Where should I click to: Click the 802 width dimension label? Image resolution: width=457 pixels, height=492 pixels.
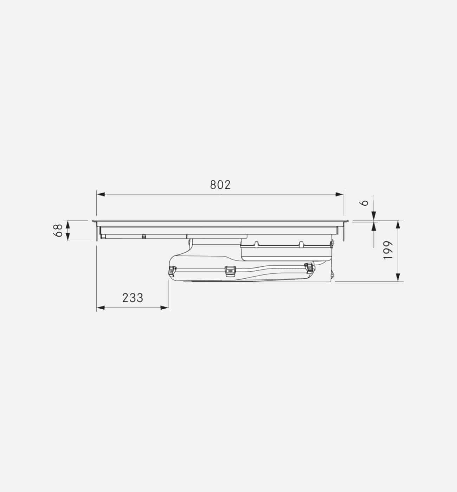click(220, 185)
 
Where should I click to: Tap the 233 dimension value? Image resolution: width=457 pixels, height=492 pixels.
click(133, 298)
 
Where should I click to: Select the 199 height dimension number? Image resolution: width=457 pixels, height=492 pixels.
click(387, 250)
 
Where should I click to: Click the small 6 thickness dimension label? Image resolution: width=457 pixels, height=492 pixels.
click(365, 203)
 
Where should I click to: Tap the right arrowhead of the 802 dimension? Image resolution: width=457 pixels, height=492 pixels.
click(340, 194)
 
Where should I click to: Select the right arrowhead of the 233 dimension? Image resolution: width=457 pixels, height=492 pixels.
click(165, 308)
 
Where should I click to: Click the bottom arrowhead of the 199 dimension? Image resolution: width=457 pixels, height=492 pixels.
click(398, 277)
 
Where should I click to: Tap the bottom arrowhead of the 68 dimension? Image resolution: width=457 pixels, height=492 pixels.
click(68, 237)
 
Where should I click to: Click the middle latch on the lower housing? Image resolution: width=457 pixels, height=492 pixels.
click(229, 270)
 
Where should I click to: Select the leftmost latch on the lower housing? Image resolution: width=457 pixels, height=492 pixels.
click(172, 270)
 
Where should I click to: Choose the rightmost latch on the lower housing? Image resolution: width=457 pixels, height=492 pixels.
click(308, 267)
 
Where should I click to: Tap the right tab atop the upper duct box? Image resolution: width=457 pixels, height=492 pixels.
click(301, 244)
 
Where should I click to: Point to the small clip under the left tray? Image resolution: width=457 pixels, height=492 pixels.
click(144, 237)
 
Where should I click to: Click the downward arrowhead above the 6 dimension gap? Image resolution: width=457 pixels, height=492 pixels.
click(373, 215)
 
